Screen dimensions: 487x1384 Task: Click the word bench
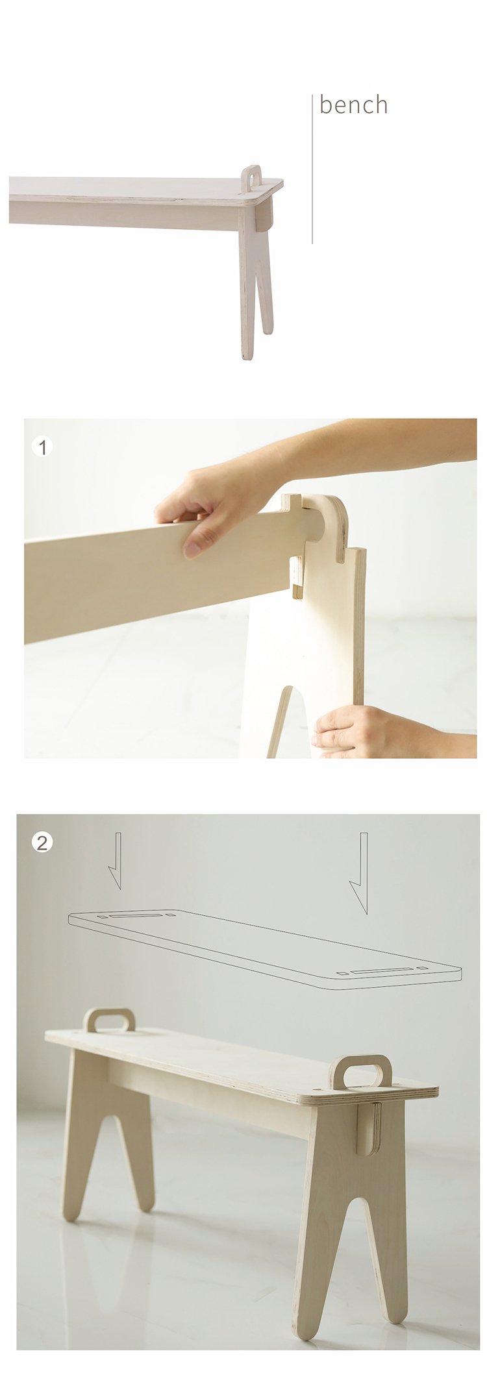click(x=354, y=105)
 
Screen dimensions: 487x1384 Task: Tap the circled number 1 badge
click(x=42, y=447)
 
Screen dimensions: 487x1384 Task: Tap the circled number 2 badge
click(x=42, y=843)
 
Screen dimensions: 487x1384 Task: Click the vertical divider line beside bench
click(x=312, y=169)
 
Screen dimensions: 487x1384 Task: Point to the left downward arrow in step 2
click(x=115, y=860)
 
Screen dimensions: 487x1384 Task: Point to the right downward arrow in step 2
click(x=360, y=872)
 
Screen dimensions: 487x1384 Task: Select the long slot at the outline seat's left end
click(x=136, y=915)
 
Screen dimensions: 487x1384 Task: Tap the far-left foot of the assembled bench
click(x=71, y=1212)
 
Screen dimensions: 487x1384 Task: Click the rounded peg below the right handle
click(x=368, y=1130)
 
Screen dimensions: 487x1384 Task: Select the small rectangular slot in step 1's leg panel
click(x=296, y=577)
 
